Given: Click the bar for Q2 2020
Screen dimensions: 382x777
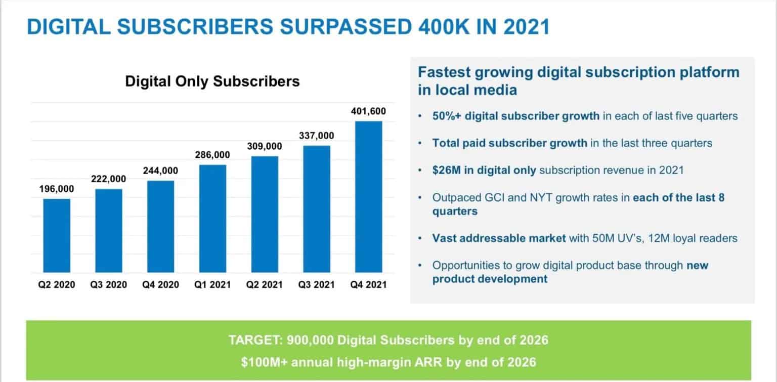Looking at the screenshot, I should click(56, 236).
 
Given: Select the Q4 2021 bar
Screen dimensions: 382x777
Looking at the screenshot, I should click(368, 197).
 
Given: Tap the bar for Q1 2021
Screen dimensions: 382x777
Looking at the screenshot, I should click(212, 219).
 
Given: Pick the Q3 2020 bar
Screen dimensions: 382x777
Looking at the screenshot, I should click(108, 231).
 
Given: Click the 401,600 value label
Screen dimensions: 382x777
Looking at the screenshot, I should click(368, 111).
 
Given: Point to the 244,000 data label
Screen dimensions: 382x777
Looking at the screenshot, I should click(160, 171).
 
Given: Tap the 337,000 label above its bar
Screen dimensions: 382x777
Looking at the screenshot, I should click(316, 137).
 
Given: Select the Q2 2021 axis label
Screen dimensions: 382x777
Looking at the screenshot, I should click(264, 285).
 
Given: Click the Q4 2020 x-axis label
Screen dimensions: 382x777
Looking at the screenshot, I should click(160, 285).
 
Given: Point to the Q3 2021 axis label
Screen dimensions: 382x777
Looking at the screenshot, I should click(316, 285).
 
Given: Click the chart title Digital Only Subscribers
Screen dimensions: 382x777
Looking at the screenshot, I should click(212, 81).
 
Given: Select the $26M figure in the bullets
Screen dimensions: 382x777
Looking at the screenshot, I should click(445, 170).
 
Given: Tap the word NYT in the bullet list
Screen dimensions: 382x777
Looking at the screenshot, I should click(541, 197).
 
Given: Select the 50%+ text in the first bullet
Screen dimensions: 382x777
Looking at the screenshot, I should click(446, 116).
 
